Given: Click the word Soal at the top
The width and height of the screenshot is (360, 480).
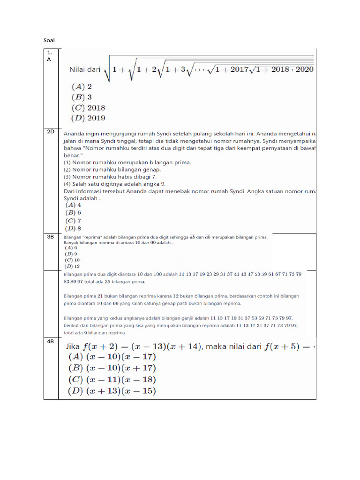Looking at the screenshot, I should [49, 41].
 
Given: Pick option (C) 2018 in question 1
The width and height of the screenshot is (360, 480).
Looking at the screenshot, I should [88, 107].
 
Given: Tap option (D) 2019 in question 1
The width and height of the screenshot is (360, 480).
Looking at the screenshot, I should [88, 118].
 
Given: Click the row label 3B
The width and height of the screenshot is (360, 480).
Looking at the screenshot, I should [51, 237].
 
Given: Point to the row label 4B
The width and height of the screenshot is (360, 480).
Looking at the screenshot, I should [51, 341].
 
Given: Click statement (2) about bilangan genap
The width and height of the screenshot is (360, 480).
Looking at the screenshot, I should [112, 169].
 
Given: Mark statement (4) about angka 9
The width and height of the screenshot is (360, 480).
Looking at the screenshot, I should [114, 184].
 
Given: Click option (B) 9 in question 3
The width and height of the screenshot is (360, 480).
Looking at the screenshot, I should [70, 254].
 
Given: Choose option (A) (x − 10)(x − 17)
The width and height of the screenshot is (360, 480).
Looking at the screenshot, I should [112, 357].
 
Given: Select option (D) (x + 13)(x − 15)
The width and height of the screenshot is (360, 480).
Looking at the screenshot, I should [112, 391].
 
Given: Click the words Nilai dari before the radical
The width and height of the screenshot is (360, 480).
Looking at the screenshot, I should [85, 70].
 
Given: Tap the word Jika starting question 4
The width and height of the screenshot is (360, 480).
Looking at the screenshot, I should [72, 347].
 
